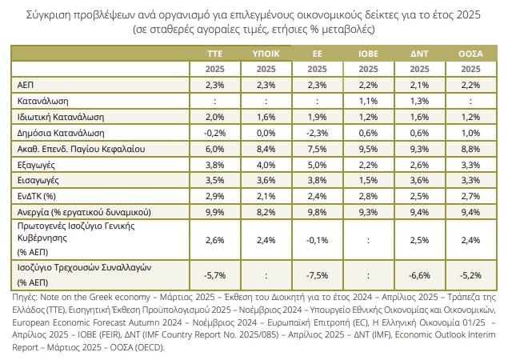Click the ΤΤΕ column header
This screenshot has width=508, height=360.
[x=214, y=53]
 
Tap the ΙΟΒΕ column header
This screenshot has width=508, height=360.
[x=367, y=53]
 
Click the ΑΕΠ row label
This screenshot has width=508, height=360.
[x=26, y=84]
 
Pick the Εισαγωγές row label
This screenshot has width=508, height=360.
[x=38, y=181]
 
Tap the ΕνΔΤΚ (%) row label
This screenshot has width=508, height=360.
[x=38, y=197]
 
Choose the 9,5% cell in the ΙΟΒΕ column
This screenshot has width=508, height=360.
[x=367, y=148]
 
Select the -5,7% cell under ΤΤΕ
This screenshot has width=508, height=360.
[x=214, y=276]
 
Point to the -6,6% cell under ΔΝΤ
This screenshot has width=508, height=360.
[x=418, y=276]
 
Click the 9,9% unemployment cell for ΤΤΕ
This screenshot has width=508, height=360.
[x=214, y=213]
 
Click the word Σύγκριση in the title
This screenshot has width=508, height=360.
[x=50, y=14]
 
